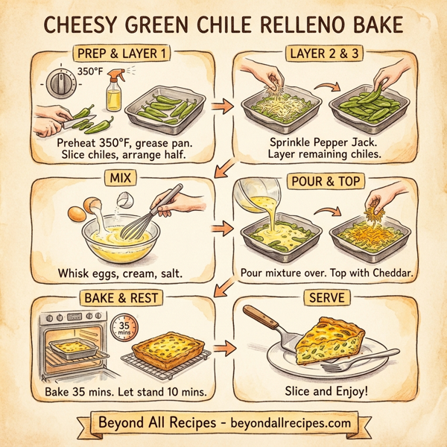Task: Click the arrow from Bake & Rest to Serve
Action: coord(221,347)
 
